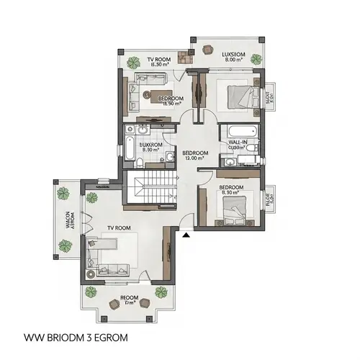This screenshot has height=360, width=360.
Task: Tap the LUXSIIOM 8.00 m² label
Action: [232, 57]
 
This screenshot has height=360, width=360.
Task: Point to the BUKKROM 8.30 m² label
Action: [151, 147]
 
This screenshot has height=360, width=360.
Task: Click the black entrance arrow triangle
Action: [186, 234]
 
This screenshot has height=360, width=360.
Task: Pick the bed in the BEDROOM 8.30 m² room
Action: [229, 207]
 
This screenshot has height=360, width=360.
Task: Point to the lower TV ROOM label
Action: [118, 228]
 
